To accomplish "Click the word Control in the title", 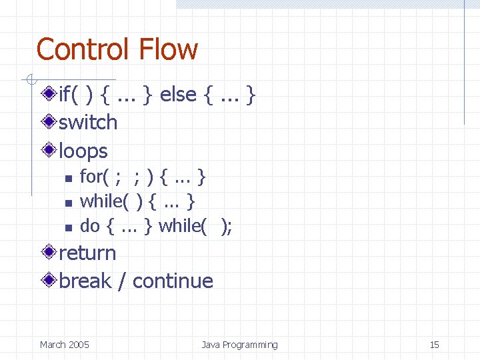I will point(82,50).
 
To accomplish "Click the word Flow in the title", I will point(168,50).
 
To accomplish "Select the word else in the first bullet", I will point(178,95).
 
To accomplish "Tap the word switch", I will point(88,123).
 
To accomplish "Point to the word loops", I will point(83,151).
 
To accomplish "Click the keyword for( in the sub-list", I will point(94,177).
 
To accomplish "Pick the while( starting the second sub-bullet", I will point(104,201).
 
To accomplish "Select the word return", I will point(87,253).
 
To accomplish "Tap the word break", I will point(85,281).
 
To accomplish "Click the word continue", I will point(173,281).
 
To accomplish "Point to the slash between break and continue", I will point(121,281).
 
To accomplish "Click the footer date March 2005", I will point(64,345).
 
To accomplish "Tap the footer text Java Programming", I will point(239,345).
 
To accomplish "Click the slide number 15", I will point(434,345).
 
